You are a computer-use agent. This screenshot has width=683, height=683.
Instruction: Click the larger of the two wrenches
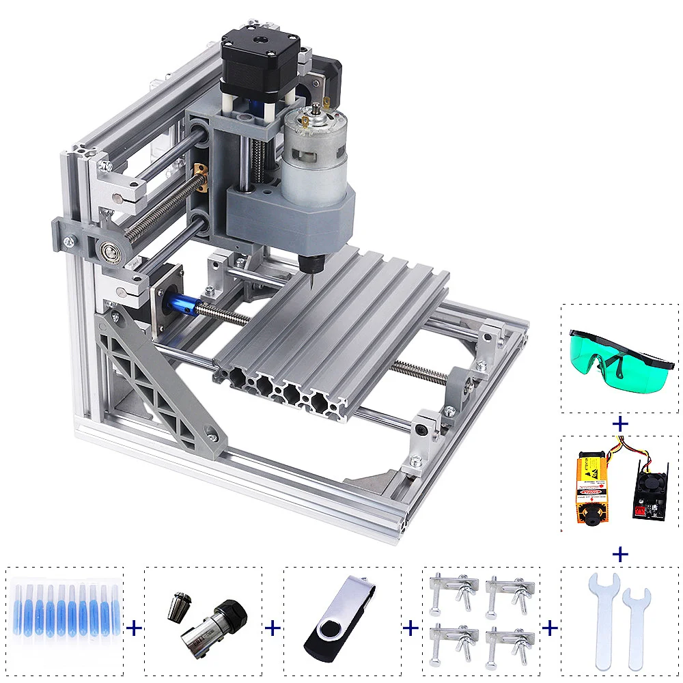pos(603,618)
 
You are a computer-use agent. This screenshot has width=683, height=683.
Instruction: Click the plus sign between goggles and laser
pos(620,424)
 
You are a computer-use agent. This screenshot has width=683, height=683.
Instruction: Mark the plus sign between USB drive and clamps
pos(410,628)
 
